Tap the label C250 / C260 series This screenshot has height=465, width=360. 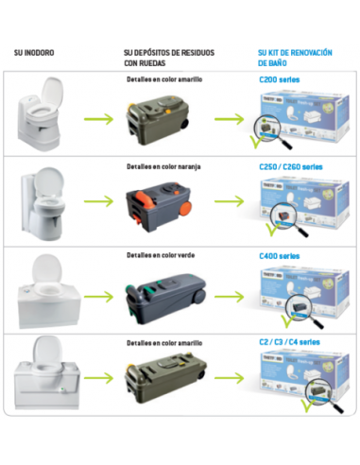(290, 166)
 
